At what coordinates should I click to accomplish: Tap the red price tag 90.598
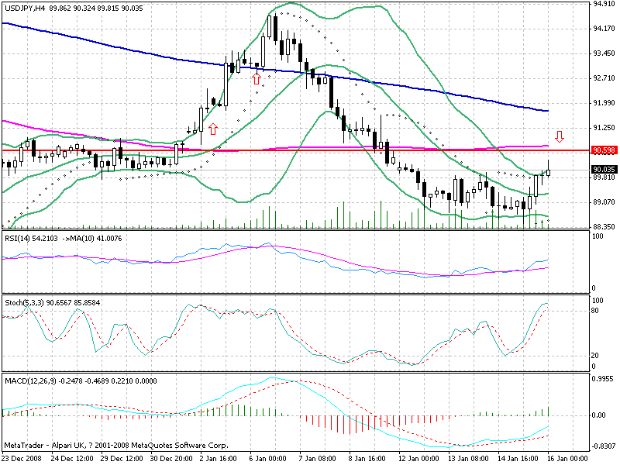[x=603, y=150]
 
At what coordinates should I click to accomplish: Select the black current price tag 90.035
[x=603, y=169]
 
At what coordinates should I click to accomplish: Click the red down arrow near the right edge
[x=560, y=136]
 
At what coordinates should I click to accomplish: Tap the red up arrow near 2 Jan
[x=212, y=128]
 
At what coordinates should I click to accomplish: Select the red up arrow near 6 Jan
[x=256, y=77]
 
